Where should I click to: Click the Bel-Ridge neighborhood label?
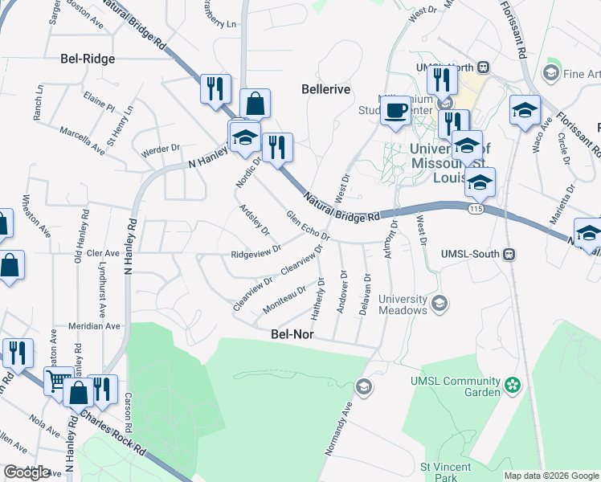(88, 59)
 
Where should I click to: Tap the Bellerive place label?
(325, 89)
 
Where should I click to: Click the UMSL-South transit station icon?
(509, 254)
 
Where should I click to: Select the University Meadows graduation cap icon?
(439, 303)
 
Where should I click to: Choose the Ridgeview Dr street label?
(256, 254)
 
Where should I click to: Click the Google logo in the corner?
(27, 472)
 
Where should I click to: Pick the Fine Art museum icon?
(551, 74)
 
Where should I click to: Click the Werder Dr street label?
(161, 149)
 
